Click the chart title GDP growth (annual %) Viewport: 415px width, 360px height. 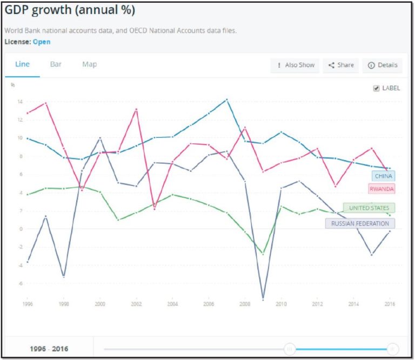click(x=70, y=11)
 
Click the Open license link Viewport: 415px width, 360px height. click(x=42, y=42)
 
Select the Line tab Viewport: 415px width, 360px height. click(x=22, y=64)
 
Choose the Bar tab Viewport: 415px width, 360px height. click(x=56, y=64)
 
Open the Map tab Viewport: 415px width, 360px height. click(x=90, y=64)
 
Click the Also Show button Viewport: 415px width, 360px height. click(x=295, y=65)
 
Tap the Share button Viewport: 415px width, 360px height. click(x=341, y=65)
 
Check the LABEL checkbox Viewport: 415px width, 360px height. click(x=377, y=88)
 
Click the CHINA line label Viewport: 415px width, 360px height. click(x=383, y=176)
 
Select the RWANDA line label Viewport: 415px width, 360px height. click(x=381, y=189)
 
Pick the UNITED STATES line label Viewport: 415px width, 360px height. click(x=369, y=208)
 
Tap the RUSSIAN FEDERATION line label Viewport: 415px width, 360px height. click(x=360, y=223)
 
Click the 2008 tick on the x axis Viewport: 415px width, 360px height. click(x=245, y=304)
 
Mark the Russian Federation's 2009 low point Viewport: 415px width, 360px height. click(x=263, y=299)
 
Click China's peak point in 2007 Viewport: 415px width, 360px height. click(x=227, y=99)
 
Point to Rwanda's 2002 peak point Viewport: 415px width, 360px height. click(x=137, y=109)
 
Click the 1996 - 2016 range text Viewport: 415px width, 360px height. click(x=49, y=349)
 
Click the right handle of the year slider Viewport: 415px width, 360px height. click(x=393, y=349)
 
